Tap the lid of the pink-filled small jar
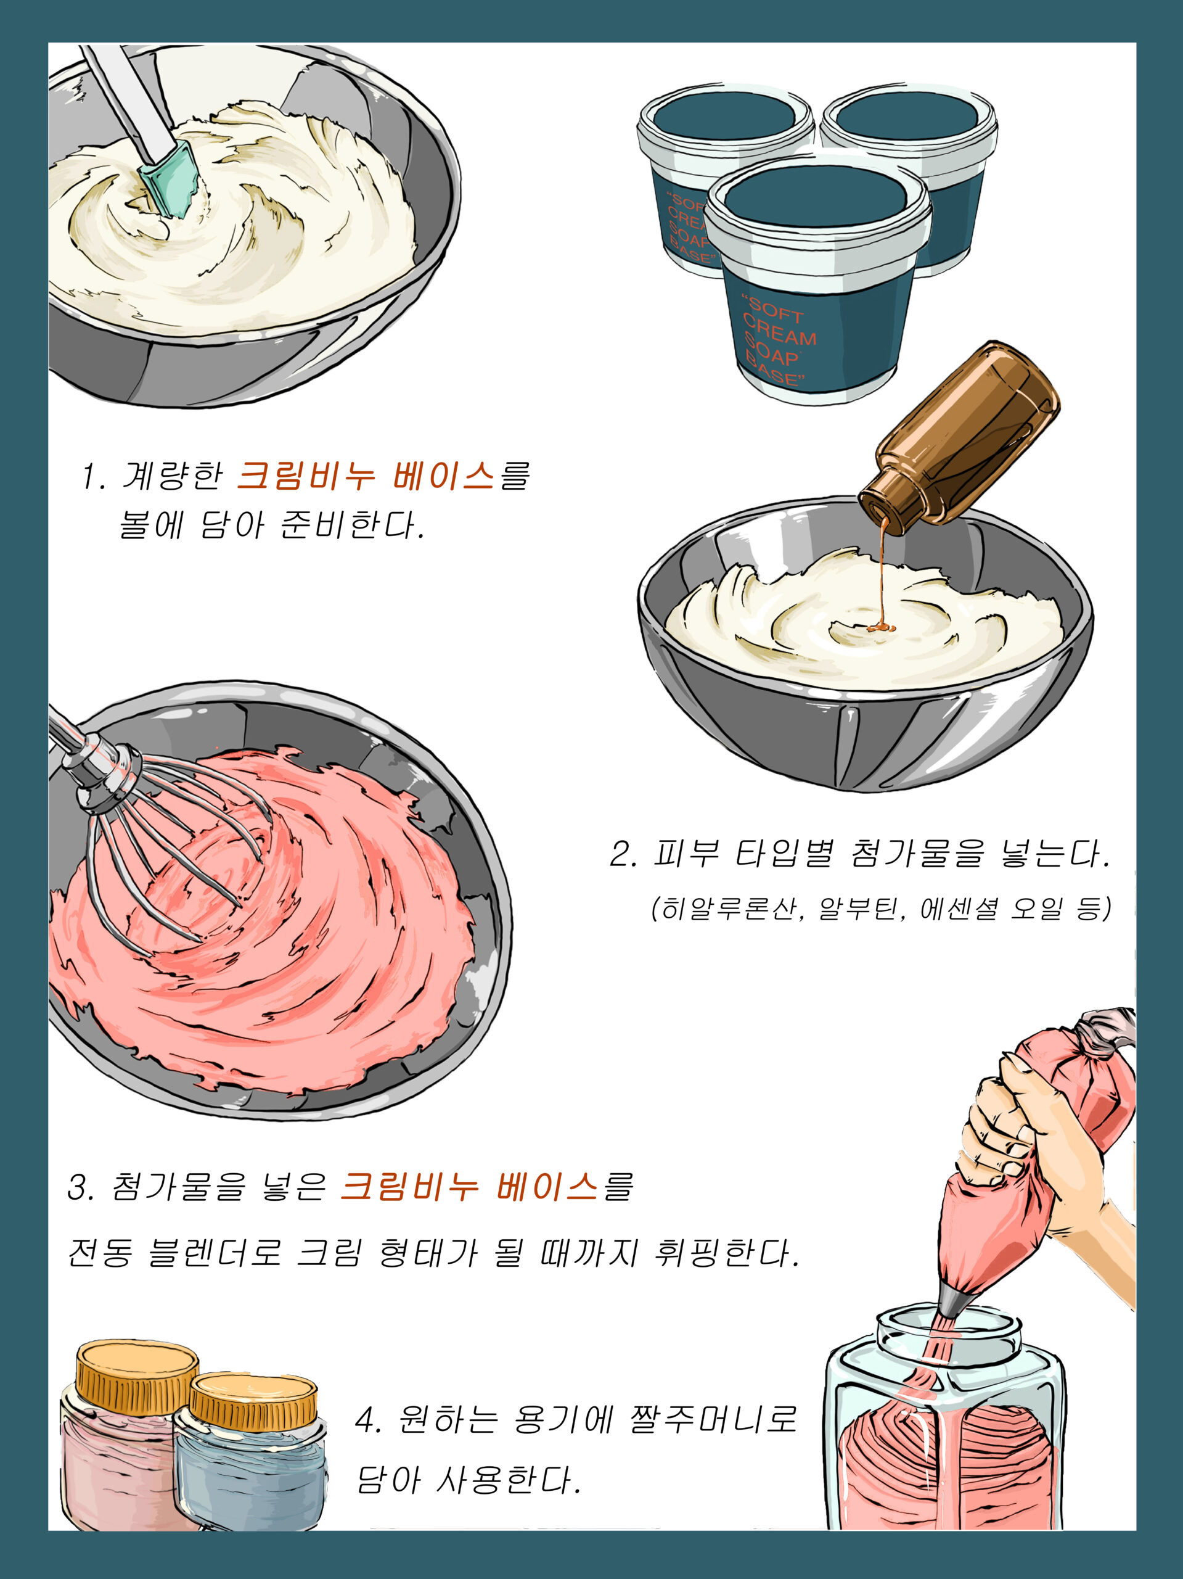click(x=136, y=1369)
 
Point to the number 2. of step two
click(x=624, y=854)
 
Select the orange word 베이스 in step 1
click(x=444, y=476)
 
